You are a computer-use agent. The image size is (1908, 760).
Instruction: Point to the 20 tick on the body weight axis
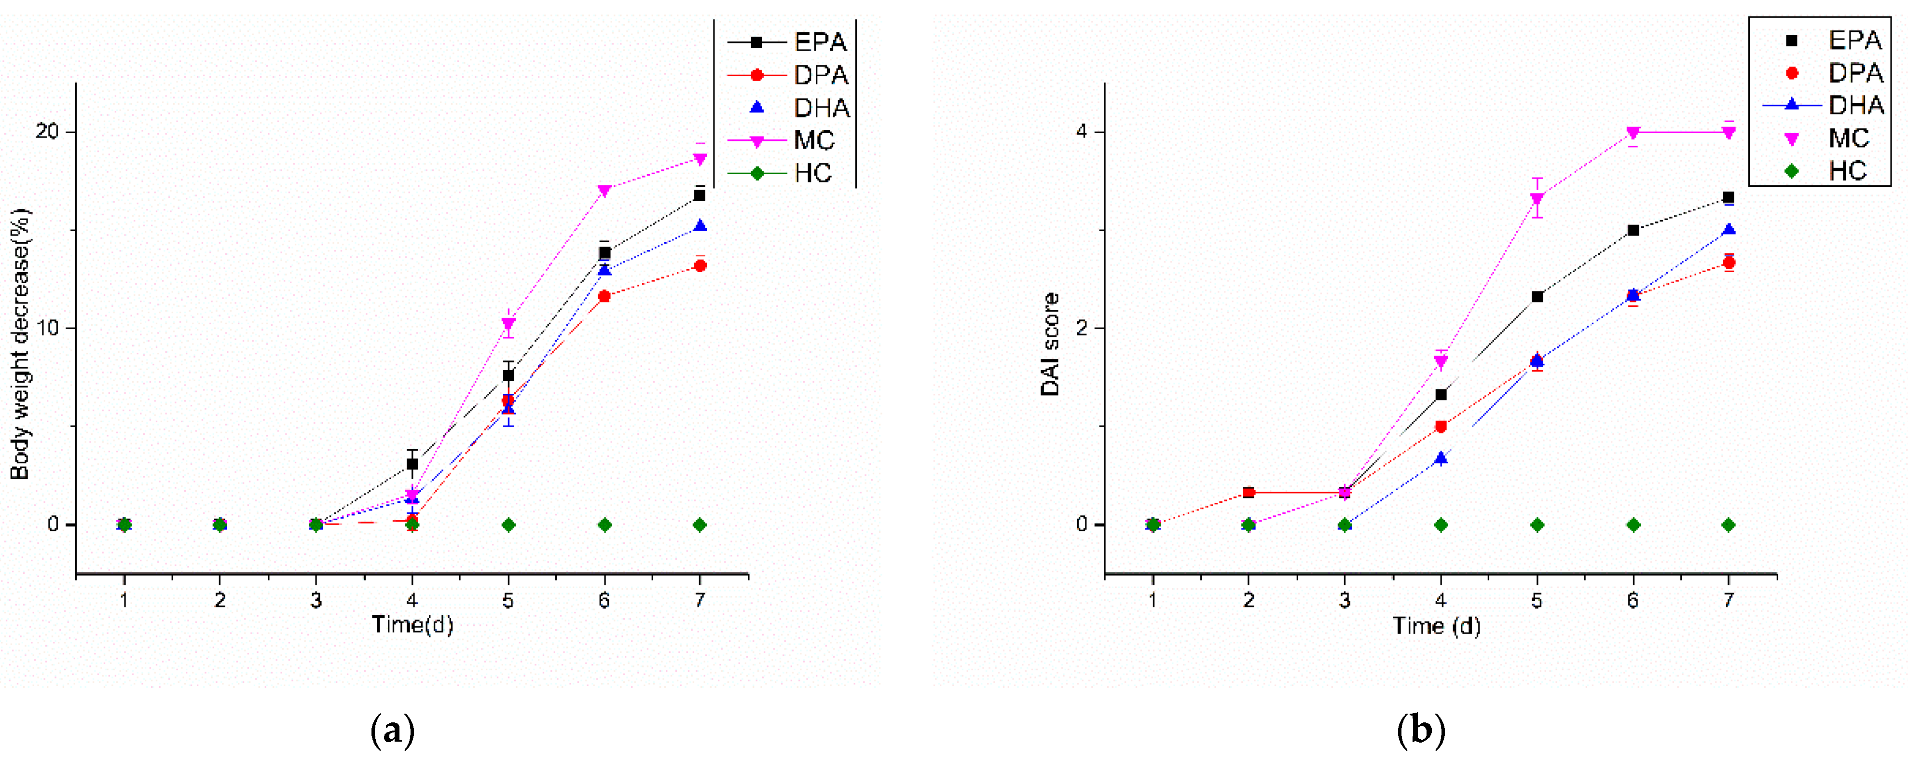point(47,132)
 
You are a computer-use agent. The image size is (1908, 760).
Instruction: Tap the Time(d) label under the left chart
point(412,625)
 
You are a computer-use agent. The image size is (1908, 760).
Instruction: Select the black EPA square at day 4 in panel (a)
point(412,464)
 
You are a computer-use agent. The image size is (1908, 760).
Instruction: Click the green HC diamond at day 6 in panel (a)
point(604,525)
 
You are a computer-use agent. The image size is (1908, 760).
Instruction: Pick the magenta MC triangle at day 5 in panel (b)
point(1537,198)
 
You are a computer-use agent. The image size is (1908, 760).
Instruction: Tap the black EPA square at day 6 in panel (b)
point(1633,230)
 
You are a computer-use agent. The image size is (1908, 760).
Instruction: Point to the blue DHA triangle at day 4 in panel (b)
point(1441,458)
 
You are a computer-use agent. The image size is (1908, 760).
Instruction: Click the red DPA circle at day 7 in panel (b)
point(1729,263)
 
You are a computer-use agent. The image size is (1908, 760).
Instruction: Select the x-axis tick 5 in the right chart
point(1537,600)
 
